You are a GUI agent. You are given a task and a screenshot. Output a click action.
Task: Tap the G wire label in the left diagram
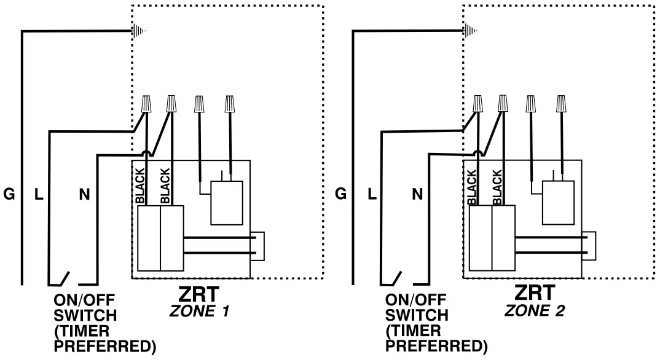(x=9, y=195)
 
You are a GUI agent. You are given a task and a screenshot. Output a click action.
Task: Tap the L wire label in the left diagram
(x=38, y=195)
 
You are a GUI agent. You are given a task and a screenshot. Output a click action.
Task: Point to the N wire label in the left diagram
(x=84, y=195)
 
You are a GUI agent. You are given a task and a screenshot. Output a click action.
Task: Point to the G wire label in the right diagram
(x=340, y=195)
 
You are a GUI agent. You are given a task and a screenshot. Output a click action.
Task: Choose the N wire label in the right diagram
(x=417, y=195)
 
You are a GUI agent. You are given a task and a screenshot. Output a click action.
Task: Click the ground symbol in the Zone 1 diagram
(x=138, y=30)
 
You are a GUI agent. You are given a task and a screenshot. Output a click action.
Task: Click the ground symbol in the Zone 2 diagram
(x=469, y=30)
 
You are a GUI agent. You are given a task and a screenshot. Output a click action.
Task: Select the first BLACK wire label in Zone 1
(x=140, y=186)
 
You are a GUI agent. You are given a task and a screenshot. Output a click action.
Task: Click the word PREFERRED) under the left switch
(x=105, y=347)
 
